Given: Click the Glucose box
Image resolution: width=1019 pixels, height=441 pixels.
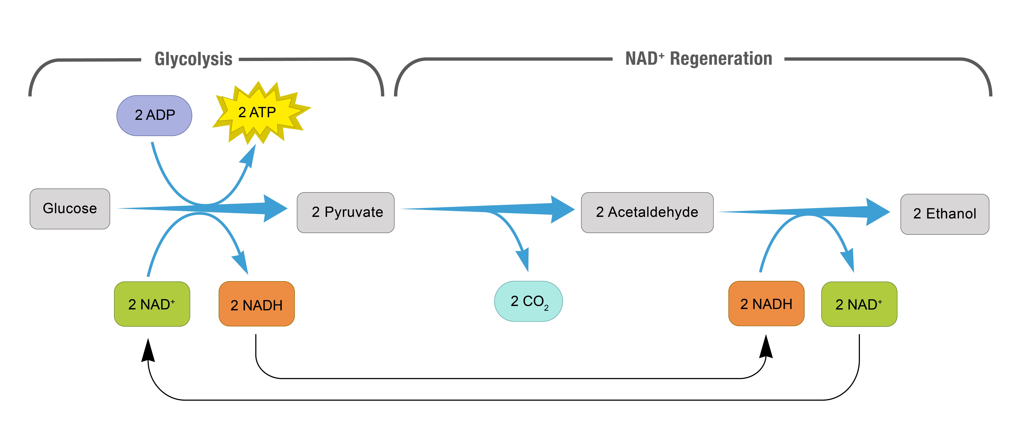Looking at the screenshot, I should [x=70, y=209].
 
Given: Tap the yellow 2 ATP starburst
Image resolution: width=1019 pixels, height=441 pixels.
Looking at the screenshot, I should [x=259, y=113].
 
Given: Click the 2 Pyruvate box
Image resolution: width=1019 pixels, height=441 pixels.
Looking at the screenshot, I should [x=346, y=212].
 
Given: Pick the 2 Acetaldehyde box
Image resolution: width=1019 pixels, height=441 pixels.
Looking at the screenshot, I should [x=647, y=212].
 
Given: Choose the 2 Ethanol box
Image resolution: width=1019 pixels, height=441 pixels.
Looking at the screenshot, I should [x=945, y=214].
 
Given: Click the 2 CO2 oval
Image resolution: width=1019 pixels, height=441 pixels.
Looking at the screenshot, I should [x=528, y=301].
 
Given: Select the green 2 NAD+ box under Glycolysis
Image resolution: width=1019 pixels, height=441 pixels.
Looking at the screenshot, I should [x=152, y=304].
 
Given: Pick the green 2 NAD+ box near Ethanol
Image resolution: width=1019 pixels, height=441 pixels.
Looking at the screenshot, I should [x=859, y=304].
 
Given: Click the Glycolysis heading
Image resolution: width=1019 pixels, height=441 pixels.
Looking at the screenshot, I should [x=193, y=59].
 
